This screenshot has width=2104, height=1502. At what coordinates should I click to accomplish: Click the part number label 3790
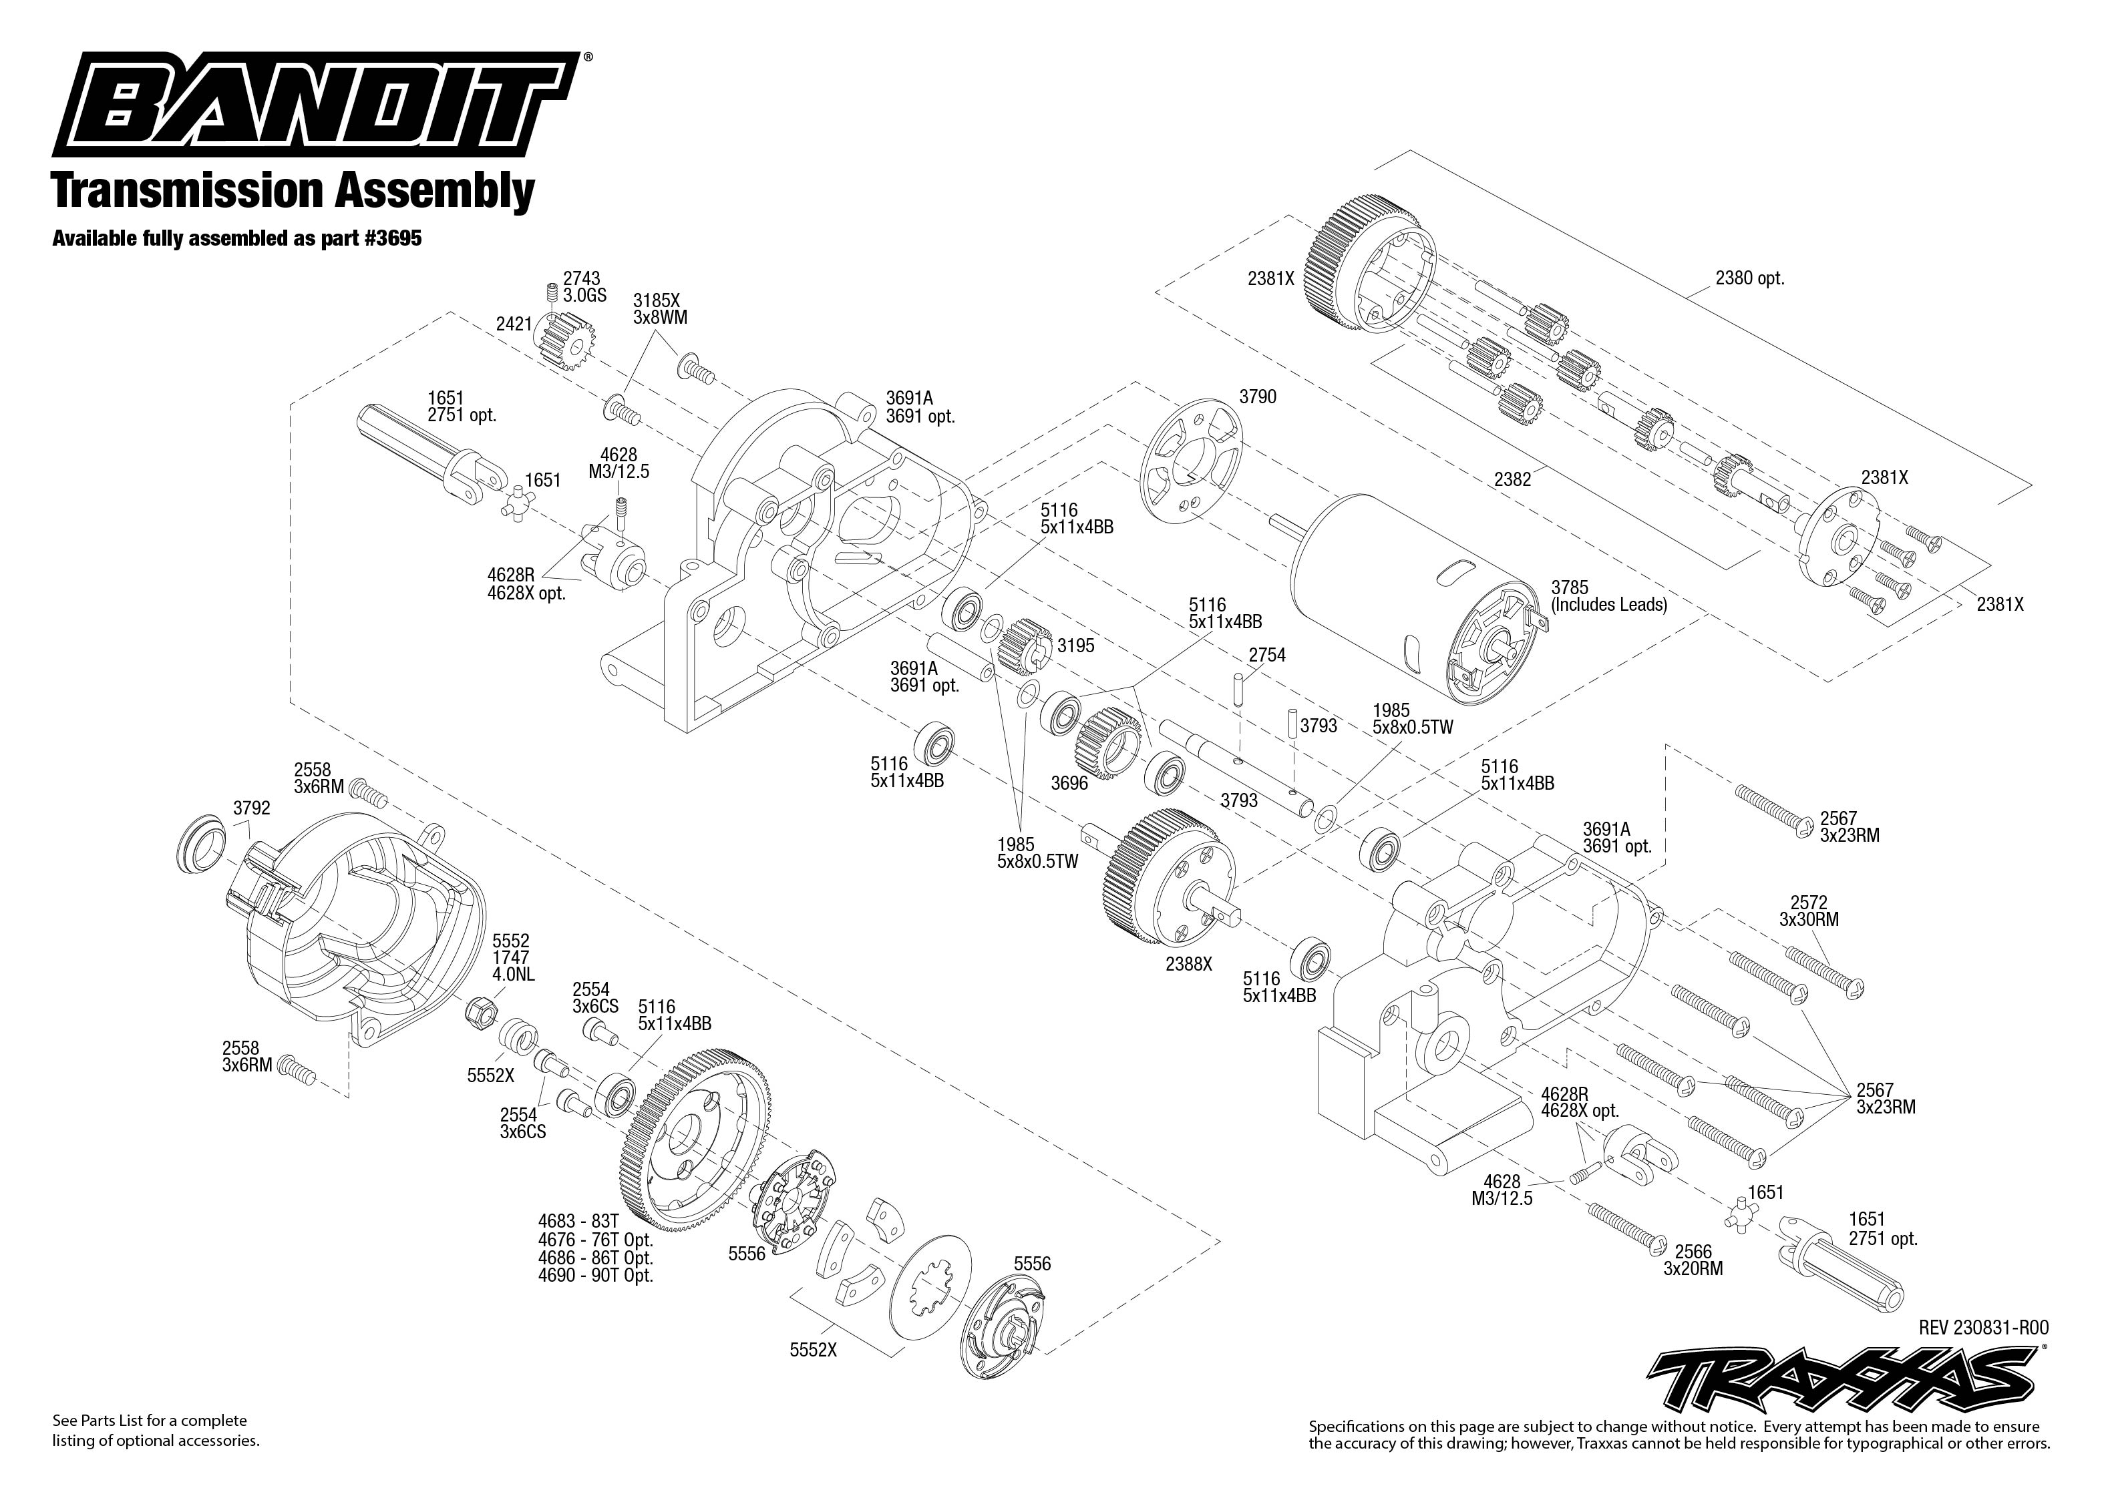pyautogui.click(x=1258, y=397)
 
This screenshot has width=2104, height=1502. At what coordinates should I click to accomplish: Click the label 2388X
pyautogui.click(x=1189, y=964)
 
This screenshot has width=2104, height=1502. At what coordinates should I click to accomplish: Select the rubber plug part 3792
pyautogui.click(x=201, y=846)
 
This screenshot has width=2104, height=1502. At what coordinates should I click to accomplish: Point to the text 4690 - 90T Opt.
pyautogui.click(x=596, y=1276)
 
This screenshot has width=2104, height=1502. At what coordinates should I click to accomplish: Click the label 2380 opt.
pyautogui.click(x=1749, y=278)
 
